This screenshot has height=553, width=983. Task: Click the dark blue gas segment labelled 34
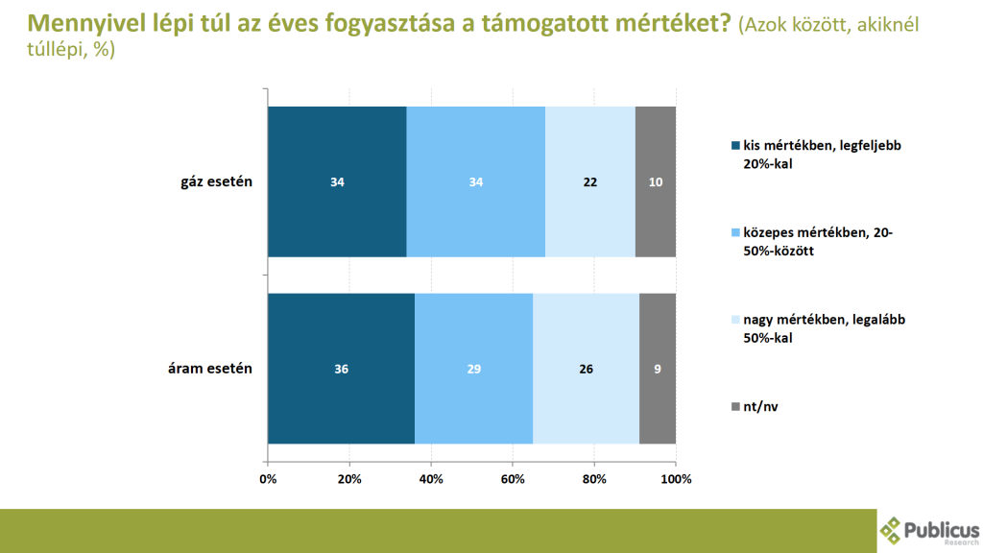point(337,182)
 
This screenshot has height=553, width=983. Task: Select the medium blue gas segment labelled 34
point(475,182)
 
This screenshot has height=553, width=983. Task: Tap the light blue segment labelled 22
point(590,182)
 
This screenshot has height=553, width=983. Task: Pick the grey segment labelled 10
point(656,182)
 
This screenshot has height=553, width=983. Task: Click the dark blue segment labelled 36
point(341,369)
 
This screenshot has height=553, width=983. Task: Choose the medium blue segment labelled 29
point(473,369)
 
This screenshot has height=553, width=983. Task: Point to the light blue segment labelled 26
point(586,369)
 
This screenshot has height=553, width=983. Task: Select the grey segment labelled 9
point(658,369)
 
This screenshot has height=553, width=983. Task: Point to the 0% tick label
point(268,478)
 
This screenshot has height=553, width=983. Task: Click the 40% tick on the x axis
point(431,478)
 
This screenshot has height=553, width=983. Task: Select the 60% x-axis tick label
point(513,478)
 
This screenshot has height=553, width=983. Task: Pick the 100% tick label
point(676,478)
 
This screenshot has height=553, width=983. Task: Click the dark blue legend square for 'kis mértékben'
point(736,146)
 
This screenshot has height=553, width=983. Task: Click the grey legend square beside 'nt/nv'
point(736,407)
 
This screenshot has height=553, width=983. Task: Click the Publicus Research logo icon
point(893,530)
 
